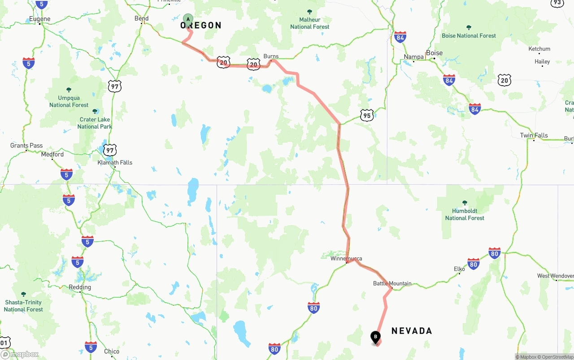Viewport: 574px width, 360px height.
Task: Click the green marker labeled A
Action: pyautogui.click(x=188, y=19)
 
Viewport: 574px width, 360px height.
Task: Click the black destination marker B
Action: pyautogui.click(x=375, y=337)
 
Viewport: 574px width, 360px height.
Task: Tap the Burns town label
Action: pyautogui.click(x=271, y=56)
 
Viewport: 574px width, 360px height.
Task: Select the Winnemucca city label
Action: pyautogui.click(x=346, y=259)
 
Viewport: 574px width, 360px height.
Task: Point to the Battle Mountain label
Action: pyautogui.click(x=392, y=283)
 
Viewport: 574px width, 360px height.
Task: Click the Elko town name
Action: pyautogui.click(x=459, y=269)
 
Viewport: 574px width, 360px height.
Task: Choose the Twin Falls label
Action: pyautogui.click(x=534, y=135)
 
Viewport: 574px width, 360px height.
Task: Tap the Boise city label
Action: pyautogui.click(x=434, y=53)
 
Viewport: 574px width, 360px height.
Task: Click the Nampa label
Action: pyautogui.click(x=413, y=57)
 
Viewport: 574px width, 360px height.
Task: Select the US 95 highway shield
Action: pyautogui.click(x=367, y=115)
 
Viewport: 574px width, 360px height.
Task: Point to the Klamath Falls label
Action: pyautogui.click(x=115, y=163)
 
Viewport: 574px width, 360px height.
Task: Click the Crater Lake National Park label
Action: pyautogui.click(x=95, y=123)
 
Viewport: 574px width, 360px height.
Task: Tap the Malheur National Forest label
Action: pyautogui.click(x=309, y=23)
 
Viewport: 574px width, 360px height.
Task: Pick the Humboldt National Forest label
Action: pyautogui.click(x=465, y=214)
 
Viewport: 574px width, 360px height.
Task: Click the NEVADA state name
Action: pyautogui.click(x=412, y=331)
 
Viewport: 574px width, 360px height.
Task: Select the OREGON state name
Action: pyautogui.click(x=201, y=26)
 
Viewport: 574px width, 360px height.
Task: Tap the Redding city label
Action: pyautogui.click(x=80, y=287)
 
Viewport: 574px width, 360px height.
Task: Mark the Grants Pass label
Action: pyautogui.click(x=26, y=146)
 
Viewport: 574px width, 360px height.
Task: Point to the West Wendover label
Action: pyautogui.click(x=556, y=276)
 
